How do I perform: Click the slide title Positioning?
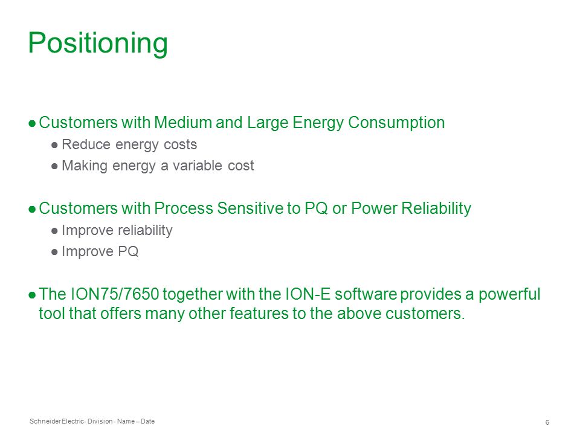click(98, 43)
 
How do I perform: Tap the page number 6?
click(547, 422)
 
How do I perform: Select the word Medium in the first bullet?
click(182, 123)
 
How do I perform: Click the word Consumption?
click(396, 123)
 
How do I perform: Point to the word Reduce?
click(86, 144)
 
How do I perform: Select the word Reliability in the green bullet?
click(436, 208)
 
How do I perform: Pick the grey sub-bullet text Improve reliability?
click(117, 230)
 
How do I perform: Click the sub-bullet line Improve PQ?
click(100, 251)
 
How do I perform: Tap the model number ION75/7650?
click(114, 294)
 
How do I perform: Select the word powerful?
click(509, 294)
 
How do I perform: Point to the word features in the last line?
click(259, 314)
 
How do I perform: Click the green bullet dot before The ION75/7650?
click(32, 295)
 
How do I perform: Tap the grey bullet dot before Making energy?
click(55, 166)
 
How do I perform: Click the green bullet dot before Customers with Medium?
click(32, 123)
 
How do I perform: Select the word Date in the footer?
click(147, 421)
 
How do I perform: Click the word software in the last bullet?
click(366, 294)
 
